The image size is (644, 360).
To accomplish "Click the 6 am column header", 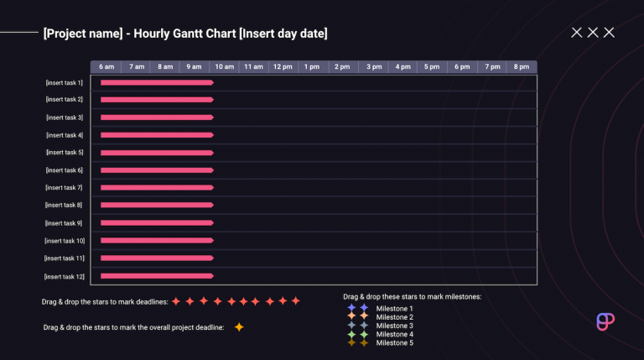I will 106,66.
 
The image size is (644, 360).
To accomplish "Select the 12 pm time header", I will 282,66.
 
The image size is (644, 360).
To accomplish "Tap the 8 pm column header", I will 522,66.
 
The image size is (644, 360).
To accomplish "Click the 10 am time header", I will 224,66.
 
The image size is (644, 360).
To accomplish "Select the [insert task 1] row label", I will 65,83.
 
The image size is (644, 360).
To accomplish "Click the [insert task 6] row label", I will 65,170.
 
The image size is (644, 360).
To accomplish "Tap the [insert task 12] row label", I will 65,276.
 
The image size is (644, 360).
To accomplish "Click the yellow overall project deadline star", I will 239,327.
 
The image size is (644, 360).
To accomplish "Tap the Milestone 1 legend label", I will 394,309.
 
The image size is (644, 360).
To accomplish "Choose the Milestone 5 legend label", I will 394,342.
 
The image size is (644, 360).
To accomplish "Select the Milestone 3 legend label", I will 394,326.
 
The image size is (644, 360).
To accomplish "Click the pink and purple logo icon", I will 605,323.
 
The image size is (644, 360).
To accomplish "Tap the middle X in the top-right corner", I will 593,33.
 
